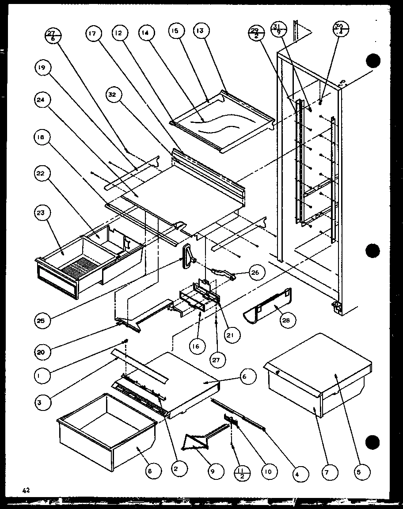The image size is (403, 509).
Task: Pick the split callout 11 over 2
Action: pos(242,472)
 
